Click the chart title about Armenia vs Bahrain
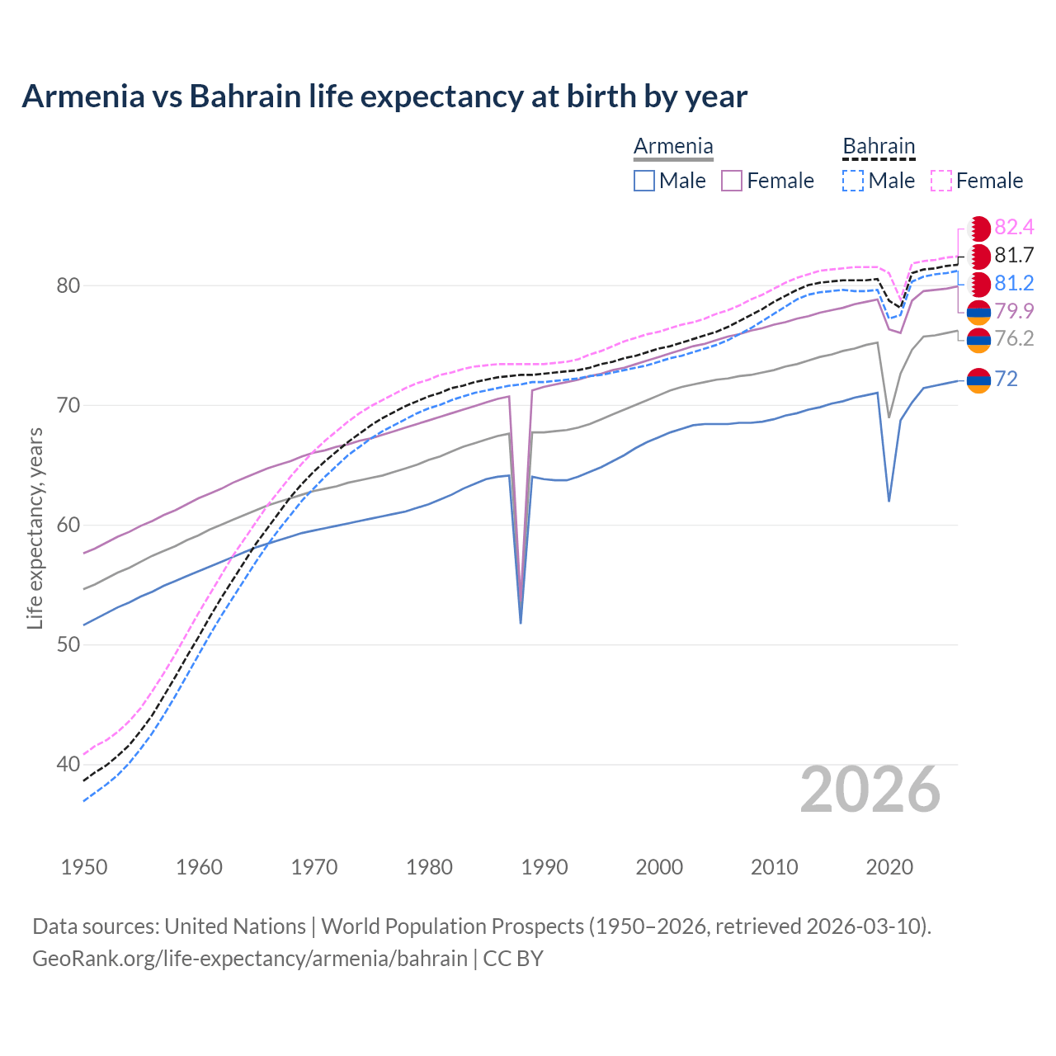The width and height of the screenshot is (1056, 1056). click(384, 97)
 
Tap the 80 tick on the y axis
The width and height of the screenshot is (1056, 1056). click(68, 286)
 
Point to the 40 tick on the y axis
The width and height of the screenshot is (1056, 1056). click(68, 765)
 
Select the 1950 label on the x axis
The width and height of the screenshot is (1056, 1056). click(84, 867)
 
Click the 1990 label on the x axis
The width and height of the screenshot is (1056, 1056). click(544, 867)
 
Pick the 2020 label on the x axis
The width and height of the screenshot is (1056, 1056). click(889, 867)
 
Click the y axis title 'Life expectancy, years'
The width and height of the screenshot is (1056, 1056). click(35, 528)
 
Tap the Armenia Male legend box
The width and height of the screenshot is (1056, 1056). click(644, 181)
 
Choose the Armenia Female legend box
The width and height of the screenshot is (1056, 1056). click(732, 181)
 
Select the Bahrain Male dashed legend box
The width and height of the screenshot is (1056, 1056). click(853, 181)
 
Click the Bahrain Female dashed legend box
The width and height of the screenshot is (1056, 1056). click(940, 181)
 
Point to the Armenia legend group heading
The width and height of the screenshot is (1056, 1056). click(673, 147)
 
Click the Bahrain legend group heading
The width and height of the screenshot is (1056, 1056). click(879, 147)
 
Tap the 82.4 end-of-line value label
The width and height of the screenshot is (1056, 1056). click(1014, 228)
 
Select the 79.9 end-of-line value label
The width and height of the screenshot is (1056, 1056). click(1014, 311)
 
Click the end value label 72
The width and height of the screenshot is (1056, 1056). click(1006, 379)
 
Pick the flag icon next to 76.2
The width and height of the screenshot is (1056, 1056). click(978, 340)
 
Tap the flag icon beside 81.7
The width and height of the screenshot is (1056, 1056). click(978, 257)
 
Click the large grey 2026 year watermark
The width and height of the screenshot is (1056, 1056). click(870, 790)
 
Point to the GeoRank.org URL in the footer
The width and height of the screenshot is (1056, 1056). click(250, 959)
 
